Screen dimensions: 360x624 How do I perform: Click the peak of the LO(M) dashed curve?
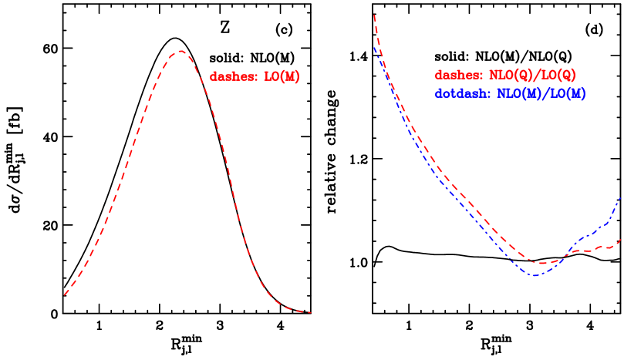coord(180,52)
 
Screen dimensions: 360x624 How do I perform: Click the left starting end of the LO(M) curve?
coord(65,294)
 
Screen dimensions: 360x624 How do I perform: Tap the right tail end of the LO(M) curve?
coord(310,312)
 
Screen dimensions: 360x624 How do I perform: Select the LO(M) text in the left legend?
coord(282,77)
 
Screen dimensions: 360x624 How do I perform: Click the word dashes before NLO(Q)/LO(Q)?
coord(458,76)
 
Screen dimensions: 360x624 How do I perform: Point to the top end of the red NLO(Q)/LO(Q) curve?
coord(374,15)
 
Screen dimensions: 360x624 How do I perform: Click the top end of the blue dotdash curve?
coord(375,48)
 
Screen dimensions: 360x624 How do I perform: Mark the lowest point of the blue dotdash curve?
coord(534,275)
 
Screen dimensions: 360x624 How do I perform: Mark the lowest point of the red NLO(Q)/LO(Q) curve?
coord(542,264)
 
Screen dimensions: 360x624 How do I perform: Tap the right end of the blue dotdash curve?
coord(621,197)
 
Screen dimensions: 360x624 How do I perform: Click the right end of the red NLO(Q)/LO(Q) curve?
coord(621,239)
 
